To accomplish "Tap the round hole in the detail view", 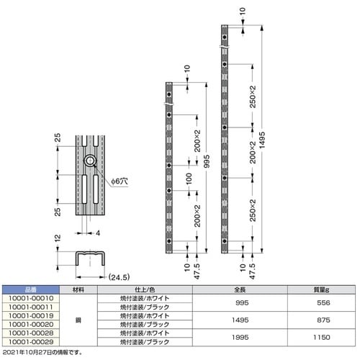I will click(x=92, y=161).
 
